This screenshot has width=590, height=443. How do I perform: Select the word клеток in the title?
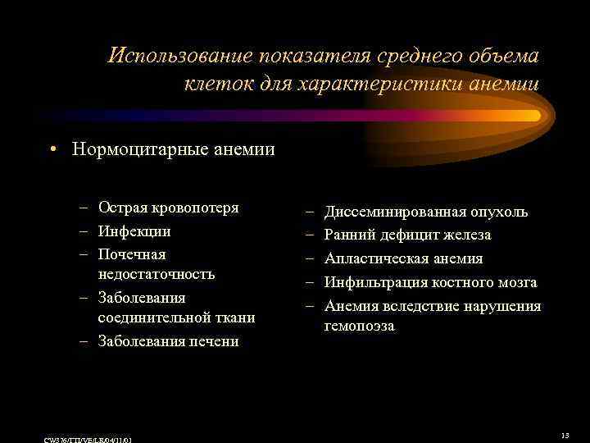pyautogui.click(x=214, y=84)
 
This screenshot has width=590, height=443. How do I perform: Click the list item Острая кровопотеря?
pyautogui.click(x=168, y=208)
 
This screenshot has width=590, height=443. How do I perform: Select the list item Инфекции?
pyautogui.click(x=134, y=231)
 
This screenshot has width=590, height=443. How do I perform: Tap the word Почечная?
pyautogui.click(x=132, y=254)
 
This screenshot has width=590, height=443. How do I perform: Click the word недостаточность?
pyautogui.click(x=157, y=274)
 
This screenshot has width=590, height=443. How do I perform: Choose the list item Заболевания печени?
pyautogui.click(x=168, y=341)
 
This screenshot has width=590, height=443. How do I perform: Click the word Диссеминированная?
pyautogui.click(x=396, y=212)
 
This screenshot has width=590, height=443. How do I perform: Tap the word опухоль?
pyautogui.click(x=500, y=212)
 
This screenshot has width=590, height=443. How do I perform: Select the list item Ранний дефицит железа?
pyautogui.click(x=407, y=235)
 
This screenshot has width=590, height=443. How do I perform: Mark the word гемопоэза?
pyautogui.click(x=359, y=327)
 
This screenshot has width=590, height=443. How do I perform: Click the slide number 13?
pyautogui.click(x=565, y=436)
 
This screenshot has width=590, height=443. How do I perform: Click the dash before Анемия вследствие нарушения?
pyautogui.click(x=311, y=307)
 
